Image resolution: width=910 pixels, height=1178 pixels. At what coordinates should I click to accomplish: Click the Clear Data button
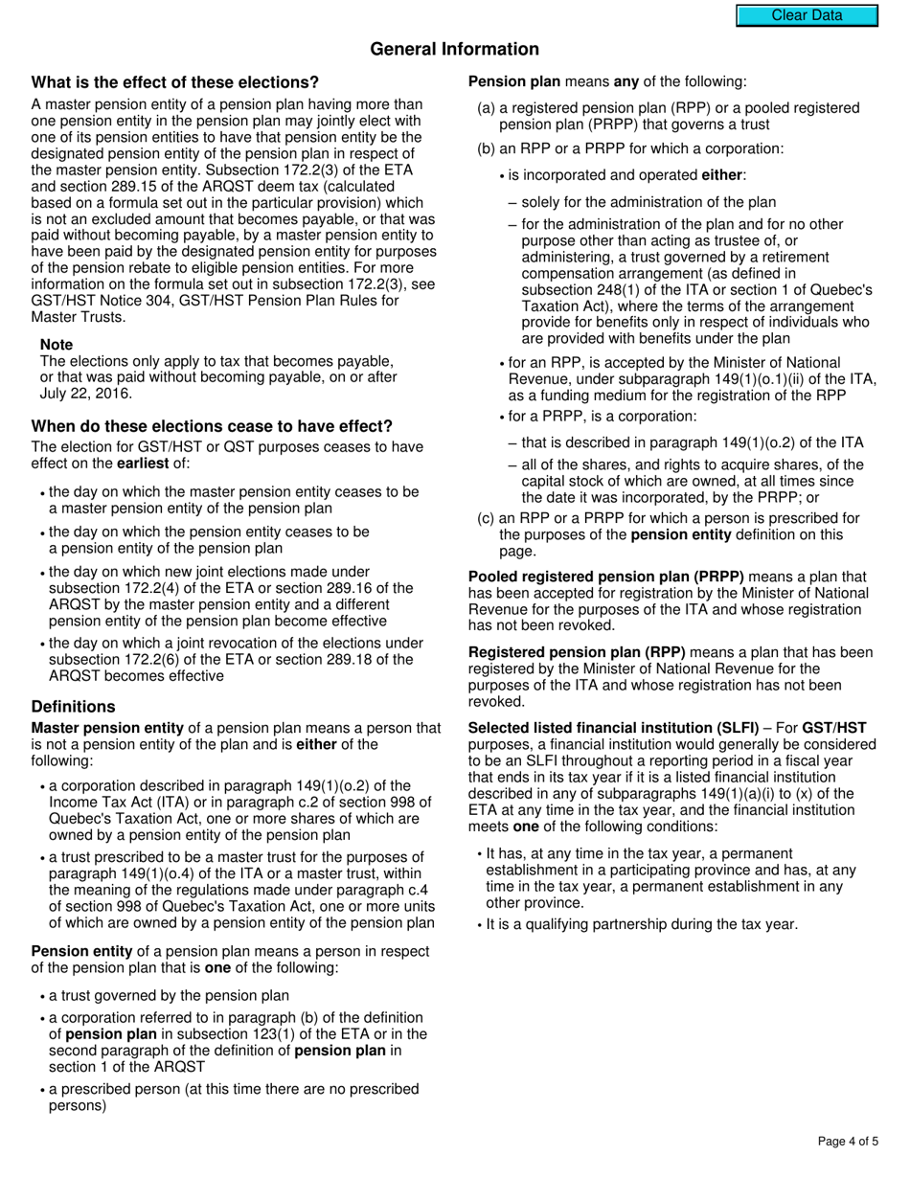[807, 15]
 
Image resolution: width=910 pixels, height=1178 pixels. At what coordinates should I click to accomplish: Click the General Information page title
[454, 49]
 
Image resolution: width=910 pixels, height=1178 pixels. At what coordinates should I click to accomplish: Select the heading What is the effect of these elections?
[175, 82]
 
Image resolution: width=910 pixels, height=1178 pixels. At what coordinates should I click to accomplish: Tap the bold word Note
[57, 345]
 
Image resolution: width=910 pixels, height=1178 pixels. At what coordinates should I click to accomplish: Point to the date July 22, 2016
[86, 394]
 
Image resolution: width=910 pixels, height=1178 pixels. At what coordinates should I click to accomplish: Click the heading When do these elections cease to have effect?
[212, 426]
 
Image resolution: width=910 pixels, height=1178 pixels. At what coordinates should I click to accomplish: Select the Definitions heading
[73, 707]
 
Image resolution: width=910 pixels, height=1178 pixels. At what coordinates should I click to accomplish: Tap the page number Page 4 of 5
[848, 1141]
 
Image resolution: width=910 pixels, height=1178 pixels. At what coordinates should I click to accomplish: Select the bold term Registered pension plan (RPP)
[577, 653]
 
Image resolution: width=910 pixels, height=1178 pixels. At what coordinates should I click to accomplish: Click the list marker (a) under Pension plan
[486, 108]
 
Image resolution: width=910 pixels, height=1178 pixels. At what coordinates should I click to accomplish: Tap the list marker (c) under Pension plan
[486, 519]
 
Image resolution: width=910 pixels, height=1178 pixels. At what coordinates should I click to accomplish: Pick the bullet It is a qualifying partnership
[641, 925]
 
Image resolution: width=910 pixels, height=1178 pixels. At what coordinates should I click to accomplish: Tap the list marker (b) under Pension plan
[486, 148]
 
